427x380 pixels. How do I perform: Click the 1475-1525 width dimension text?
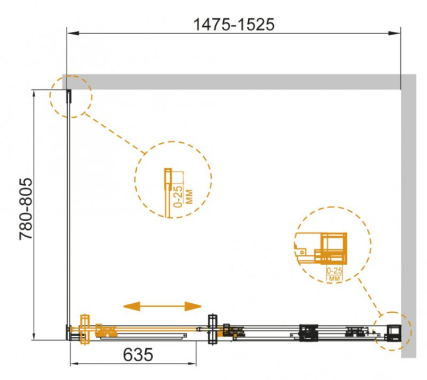pyautogui.click(x=233, y=25)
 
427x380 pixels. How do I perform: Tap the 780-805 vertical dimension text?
pyautogui.click(x=26, y=209)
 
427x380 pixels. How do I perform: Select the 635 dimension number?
pyautogui.click(x=138, y=355)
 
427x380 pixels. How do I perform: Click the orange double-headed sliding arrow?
pyautogui.click(x=162, y=306)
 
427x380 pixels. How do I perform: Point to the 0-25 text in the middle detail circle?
pyautogui.click(x=178, y=196)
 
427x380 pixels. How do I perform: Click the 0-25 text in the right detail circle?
pyautogui.click(x=334, y=271)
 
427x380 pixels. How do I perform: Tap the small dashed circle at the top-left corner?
pyautogui.click(x=71, y=97)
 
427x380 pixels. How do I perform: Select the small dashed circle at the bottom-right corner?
pyautogui.click(x=392, y=331)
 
